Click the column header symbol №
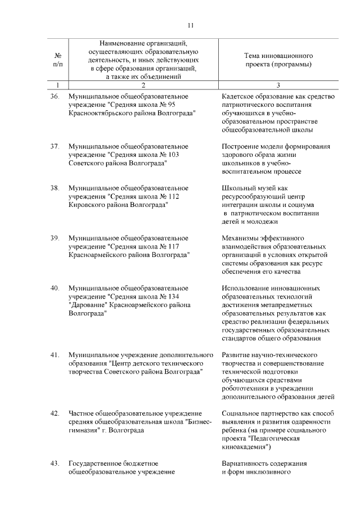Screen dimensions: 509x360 tap(57, 56)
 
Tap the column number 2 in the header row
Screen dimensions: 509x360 tap(143, 85)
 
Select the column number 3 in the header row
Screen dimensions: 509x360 tap(278, 85)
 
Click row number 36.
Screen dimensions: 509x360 tap(55, 97)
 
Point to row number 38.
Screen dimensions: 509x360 tap(55, 188)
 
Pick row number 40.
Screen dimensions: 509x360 tap(55, 288)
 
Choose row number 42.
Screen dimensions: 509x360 tap(55, 413)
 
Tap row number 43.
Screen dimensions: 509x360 tap(55, 463)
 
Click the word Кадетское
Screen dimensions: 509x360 tap(238, 97)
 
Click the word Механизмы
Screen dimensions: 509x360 tap(240, 238)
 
